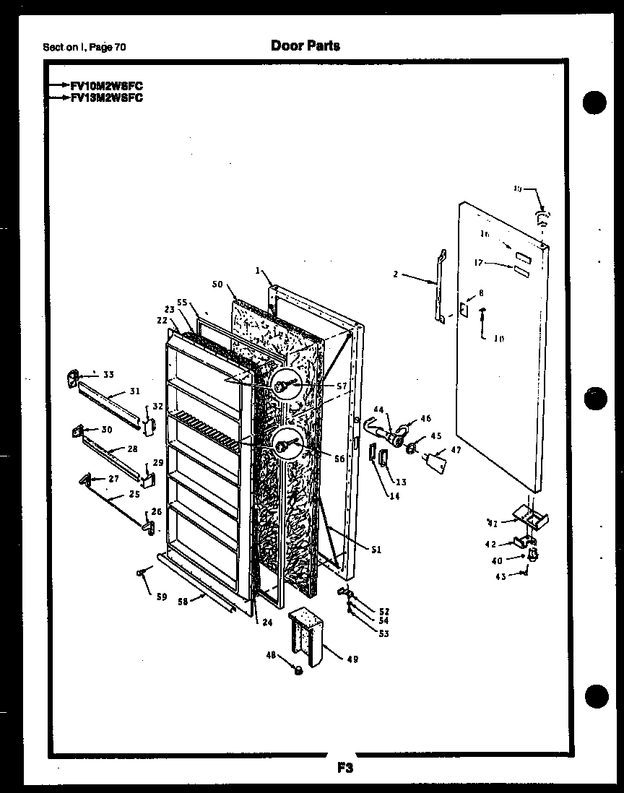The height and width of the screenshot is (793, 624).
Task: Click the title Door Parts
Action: pyautogui.click(x=305, y=45)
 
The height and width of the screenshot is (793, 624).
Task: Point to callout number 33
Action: pyautogui.click(x=108, y=374)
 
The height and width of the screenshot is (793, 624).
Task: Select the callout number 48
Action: pyautogui.click(x=270, y=656)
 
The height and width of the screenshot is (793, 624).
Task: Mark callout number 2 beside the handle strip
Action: pyautogui.click(x=396, y=274)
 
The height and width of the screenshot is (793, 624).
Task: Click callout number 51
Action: pyautogui.click(x=376, y=549)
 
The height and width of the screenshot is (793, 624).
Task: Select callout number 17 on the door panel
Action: pyautogui.click(x=477, y=264)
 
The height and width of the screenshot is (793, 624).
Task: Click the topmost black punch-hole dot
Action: pyautogui.click(x=596, y=101)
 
